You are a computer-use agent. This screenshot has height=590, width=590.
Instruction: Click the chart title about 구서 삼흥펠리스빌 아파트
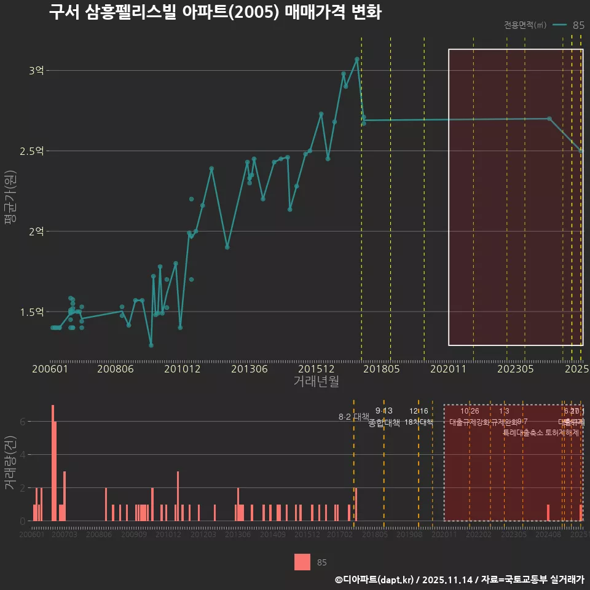215,13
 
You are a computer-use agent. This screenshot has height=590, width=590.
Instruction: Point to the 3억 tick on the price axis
36,71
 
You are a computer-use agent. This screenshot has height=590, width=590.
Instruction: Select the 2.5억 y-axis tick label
32,151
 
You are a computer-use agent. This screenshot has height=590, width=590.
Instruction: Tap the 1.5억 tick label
32,312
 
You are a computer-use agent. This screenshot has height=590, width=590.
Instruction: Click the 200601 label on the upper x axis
50,369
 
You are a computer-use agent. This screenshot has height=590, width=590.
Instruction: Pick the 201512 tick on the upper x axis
316,369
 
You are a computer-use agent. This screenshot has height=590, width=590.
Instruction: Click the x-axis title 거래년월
316,382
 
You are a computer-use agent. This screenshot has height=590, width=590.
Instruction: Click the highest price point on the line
356,59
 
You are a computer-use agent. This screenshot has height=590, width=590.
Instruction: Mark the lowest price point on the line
151,345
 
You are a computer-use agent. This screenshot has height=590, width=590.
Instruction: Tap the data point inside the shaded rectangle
549,119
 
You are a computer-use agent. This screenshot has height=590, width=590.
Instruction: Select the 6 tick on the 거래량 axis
23,422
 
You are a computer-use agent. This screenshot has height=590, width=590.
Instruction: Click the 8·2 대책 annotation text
353,417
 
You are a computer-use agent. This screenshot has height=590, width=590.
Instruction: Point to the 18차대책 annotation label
419,422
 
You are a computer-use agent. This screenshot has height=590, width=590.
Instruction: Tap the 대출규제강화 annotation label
469,422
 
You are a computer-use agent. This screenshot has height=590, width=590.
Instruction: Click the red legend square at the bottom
302,562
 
